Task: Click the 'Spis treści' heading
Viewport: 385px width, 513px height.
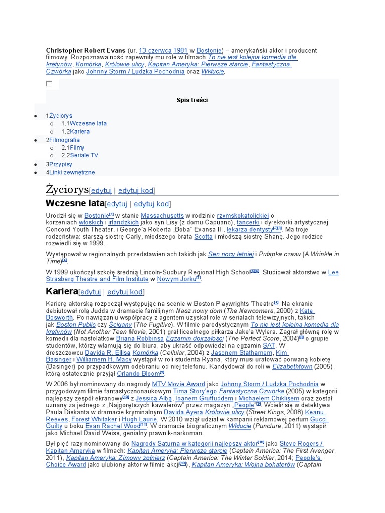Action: pos(192,100)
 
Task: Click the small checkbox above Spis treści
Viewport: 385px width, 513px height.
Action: pos(49,84)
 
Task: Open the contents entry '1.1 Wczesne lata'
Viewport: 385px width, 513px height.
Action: pos(84,123)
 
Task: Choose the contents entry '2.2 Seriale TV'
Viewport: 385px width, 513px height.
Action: pos(80,155)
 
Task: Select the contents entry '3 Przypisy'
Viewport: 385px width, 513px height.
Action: pos(59,164)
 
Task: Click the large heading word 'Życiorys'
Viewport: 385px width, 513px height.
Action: pos(67,190)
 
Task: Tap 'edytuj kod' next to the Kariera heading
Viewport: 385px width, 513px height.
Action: pos(125,292)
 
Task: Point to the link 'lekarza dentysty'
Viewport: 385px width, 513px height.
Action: pos(249,229)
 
